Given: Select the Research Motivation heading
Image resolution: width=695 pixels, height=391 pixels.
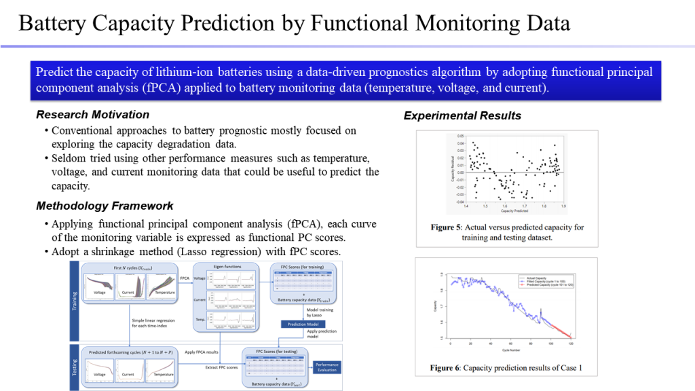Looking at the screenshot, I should click(92, 114).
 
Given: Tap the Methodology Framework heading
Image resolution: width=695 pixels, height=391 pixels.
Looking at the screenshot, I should click(105, 206).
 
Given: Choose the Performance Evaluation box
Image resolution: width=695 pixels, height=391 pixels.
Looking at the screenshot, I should click(327, 367).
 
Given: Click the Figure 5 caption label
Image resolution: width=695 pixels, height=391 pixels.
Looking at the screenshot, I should click(447, 227).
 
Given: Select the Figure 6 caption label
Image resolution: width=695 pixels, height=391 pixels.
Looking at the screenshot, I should click(446, 369).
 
